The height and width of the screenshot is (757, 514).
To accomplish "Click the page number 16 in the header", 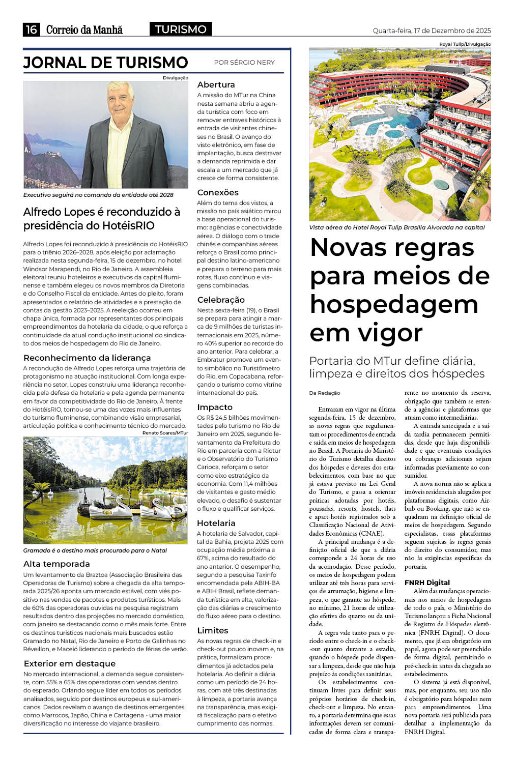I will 31,30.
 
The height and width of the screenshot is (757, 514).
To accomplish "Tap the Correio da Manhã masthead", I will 84,30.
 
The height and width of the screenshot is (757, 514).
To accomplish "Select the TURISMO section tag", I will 181,29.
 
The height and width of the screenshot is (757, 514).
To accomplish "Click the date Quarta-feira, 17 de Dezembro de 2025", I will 432,31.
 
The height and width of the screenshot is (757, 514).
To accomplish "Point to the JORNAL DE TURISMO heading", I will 106,63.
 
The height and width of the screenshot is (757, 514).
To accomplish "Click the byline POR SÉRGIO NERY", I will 244,63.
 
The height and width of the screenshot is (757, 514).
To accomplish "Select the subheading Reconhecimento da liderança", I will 87,358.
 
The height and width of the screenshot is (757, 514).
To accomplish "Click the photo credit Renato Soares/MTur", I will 165,432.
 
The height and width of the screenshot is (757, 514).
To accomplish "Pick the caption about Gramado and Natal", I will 95,550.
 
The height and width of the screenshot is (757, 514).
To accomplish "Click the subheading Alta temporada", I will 56,564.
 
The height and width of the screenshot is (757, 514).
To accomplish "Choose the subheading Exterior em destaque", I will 70,663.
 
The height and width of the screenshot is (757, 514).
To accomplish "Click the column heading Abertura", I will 216,84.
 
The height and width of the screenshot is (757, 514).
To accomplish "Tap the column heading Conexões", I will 218,192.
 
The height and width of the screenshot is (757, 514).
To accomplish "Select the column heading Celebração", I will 221,300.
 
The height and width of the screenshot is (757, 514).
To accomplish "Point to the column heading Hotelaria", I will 216,523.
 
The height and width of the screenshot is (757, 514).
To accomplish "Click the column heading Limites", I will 212,630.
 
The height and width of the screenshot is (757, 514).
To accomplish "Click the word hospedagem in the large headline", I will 394,304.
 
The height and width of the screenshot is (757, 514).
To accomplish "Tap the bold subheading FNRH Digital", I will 427,583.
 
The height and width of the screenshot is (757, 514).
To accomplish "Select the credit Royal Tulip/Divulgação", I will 465,44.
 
